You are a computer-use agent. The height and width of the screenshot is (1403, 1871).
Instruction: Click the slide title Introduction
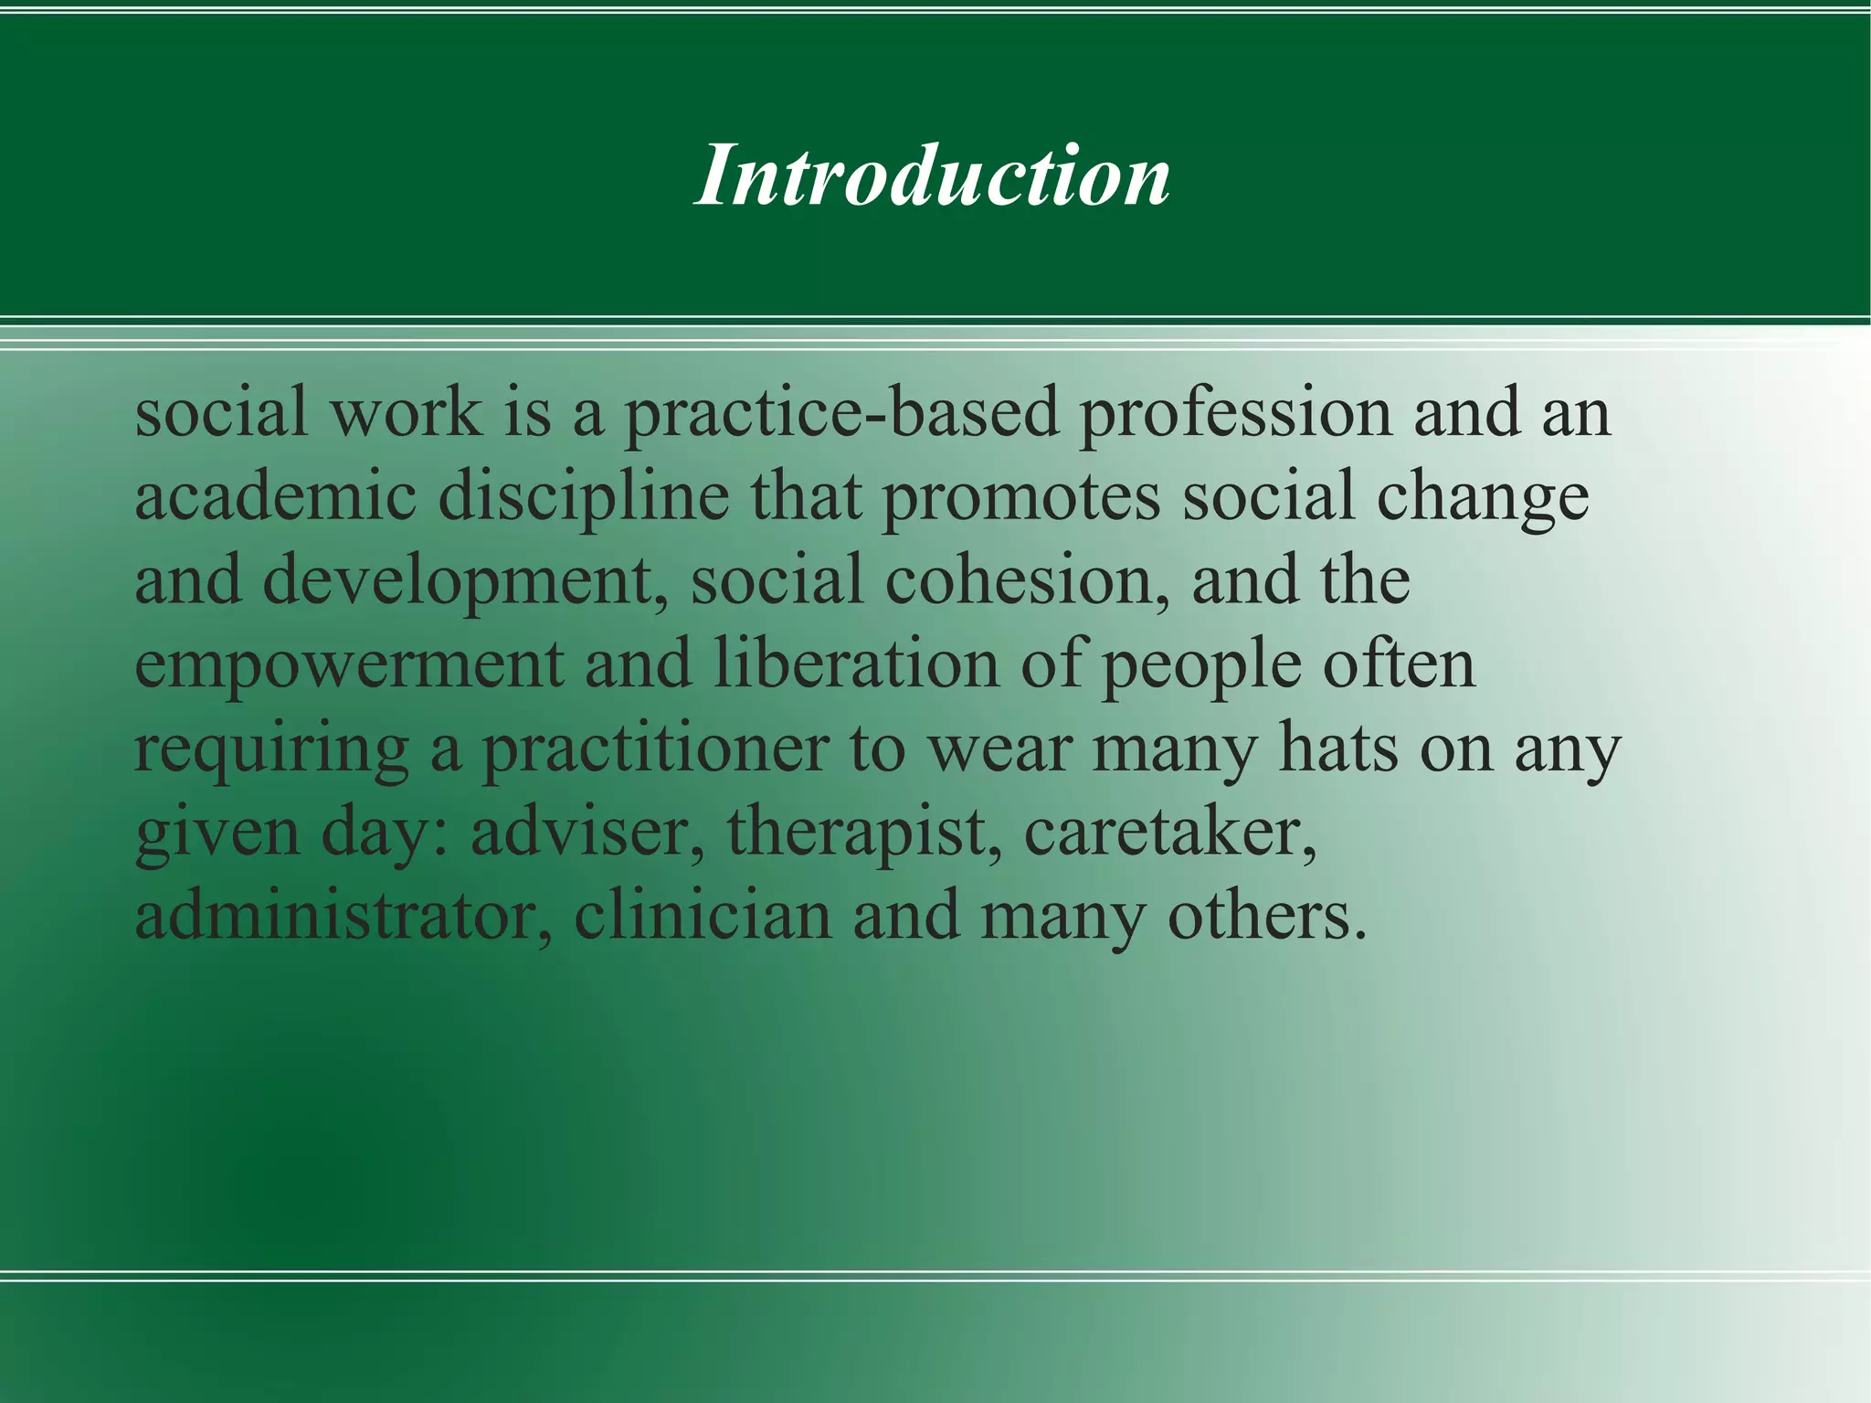pyautogui.click(x=932, y=175)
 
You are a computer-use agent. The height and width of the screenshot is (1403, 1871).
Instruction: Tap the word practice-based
pyautogui.click(x=840, y=414)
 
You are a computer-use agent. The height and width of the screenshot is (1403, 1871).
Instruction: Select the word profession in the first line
pyautogui.click(x=1235, y=414)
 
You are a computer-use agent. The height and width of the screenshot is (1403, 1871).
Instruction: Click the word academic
pyautogui.click(x=275, y=497)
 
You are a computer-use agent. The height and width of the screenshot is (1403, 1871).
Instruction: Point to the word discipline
pyautogui.click(x=583, y=499)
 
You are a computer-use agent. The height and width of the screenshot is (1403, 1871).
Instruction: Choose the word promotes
pyautogui.click(x=1020, y=499)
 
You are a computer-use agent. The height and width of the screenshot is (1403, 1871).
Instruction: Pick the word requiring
pyautogui.click(x=270, y=749)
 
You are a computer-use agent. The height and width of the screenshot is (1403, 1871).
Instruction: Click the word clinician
pyautogui.click(x=703, y=916)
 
